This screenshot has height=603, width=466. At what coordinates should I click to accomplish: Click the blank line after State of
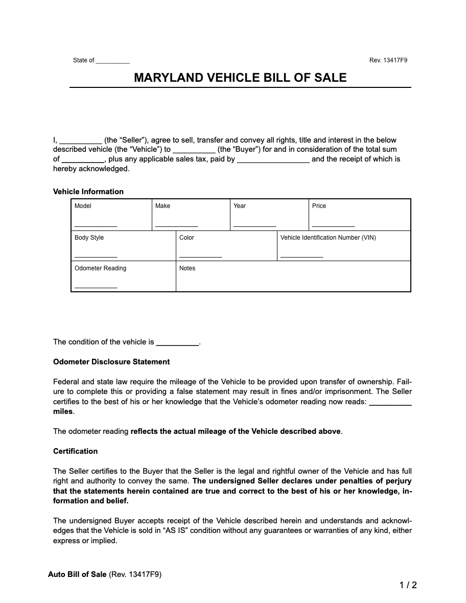click(113, 61)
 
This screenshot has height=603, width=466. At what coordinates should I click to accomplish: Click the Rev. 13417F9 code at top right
click(388, 60)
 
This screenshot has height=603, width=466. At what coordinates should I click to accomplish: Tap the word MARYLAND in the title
click(168, 78)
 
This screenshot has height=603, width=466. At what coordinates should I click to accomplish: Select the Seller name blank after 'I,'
click(81, 141)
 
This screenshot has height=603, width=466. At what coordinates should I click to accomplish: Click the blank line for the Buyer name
click(194, 151)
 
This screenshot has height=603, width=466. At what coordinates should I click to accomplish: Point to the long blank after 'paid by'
click(273, 160)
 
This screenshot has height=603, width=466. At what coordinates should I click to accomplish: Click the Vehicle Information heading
click(88, 192)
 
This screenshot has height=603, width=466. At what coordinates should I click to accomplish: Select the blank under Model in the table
click(96, 224)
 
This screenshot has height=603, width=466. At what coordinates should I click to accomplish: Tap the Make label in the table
click(162, 206)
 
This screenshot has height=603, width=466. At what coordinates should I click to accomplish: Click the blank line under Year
click(254, 224)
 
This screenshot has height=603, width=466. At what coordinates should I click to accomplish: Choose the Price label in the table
click(319, 206)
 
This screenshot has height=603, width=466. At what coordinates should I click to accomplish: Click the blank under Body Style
click(96, 256)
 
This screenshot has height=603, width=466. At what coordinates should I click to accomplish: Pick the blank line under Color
click(200, 256)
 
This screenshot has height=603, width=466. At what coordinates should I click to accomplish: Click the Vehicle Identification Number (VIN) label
click(328, 238)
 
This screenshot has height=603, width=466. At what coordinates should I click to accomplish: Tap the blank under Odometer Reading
click(96, 287)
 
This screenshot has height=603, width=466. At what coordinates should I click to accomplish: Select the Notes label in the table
click(187, 268)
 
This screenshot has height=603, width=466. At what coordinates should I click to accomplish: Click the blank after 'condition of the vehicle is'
click(177, 344)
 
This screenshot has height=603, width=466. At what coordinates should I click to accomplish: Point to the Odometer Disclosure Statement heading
click(111, 362)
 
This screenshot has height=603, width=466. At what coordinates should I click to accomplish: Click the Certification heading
click(75, 451)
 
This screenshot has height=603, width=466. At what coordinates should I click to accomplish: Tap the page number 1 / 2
click(408, 585)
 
